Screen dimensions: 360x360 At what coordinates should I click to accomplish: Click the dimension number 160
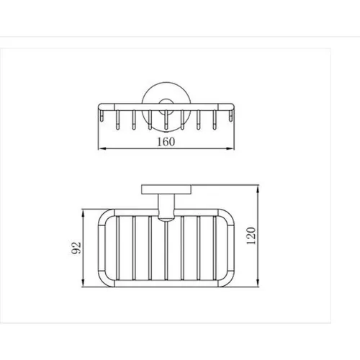click(166, 141)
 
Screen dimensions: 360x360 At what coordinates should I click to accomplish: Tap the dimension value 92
click(77, 248)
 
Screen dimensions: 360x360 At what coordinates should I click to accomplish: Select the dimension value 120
click(251, 235)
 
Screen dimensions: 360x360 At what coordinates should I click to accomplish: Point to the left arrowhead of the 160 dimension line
click(102, 149)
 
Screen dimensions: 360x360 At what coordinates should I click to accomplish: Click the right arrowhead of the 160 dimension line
click(230, 149)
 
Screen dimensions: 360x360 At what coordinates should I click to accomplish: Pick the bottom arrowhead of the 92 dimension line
click(84, 283)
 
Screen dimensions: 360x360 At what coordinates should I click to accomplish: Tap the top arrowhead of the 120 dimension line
click(258, 189)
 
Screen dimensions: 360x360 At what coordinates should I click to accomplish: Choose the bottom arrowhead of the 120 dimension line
click(258, 283)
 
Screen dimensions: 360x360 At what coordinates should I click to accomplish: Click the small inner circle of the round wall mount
click(166, 104)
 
